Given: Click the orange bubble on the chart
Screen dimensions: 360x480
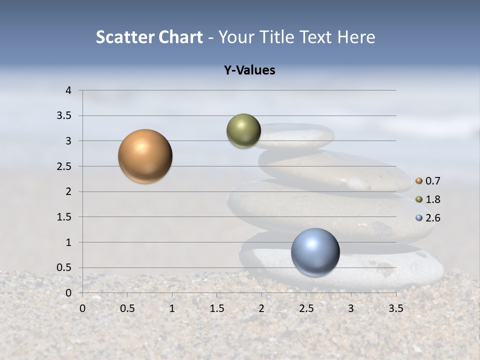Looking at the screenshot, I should pyautogui.click(x=145, y=156).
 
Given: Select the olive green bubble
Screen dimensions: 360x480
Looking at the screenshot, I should pyautogui.click(x=243, y=131).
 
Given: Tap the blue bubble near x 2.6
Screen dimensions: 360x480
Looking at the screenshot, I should pyautogui.click(x=315, y=252).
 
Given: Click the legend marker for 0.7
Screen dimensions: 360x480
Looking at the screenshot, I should pyautogui.click(x=419, y=181).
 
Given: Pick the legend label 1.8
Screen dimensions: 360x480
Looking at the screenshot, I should pyautogui.click(x=433, y=199).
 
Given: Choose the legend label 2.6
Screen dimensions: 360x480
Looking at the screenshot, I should pyautogui.click(x=433, y=218).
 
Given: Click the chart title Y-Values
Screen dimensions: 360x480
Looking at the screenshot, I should pyautogui.click(x=249, y=70).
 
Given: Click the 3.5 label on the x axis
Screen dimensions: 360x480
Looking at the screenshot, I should pyautogui.click(x=395, y=308).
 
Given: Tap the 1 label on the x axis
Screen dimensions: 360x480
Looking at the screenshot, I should pyautogui.click(x=172, y=308).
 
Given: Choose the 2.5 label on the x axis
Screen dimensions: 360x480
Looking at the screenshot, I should pyautogui.click(x=306, y=308).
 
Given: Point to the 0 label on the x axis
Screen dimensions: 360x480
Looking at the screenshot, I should pyautogui.click(x=82, y=308).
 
